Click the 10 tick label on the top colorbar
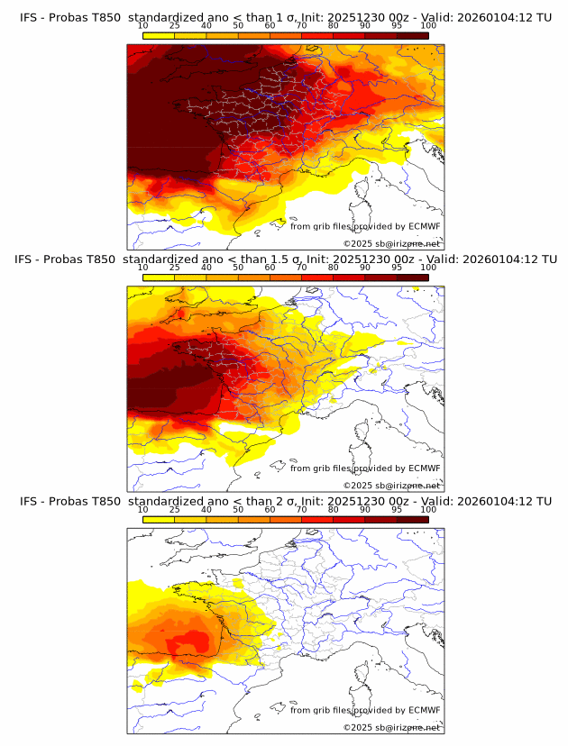point(143,26)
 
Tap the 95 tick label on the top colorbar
point(397,26)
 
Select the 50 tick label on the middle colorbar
point(238,268)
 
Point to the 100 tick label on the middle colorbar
point(428,268)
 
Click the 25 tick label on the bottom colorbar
point(175,509)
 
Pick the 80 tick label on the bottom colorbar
point(334,509)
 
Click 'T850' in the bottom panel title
point(105,500)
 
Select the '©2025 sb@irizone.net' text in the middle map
point(392,485)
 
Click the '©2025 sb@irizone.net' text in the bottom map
point(392,727)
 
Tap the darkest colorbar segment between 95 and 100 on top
point(412,36)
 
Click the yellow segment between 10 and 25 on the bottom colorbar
point(159,520)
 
